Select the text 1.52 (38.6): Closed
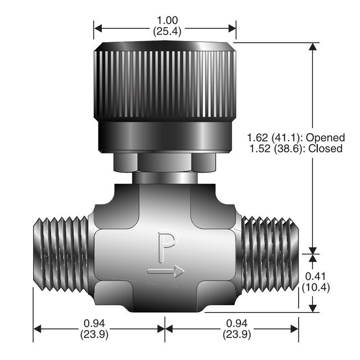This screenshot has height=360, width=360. pyautogui.click(x=295, y=148)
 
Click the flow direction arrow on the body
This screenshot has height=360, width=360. pyautogui.click(x=166, y=271)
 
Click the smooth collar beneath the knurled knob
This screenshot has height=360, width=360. pyautogui.click(x=164, y=137)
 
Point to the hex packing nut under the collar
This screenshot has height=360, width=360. pyautogui.click(x=164, y=163)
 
